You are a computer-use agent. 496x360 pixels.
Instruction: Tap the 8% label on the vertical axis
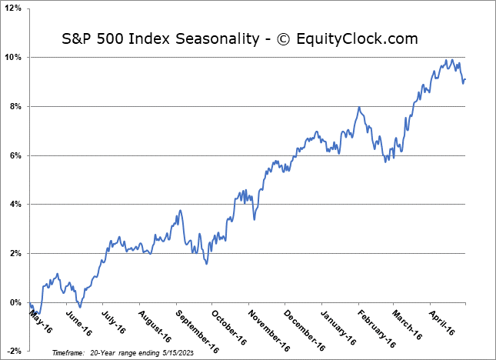pos(15,107)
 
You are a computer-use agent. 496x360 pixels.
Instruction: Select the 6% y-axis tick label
pos(15,155)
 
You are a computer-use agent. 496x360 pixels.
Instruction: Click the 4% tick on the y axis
pos(15,205)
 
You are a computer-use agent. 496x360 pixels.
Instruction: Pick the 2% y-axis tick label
pos(15,254)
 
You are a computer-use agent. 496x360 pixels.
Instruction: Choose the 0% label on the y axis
pos(15,302)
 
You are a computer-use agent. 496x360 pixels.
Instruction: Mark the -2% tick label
pos(14,352)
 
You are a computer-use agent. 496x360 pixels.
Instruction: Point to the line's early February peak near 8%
pos(358,107)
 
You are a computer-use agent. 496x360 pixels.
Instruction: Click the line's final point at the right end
pos(464,79)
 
